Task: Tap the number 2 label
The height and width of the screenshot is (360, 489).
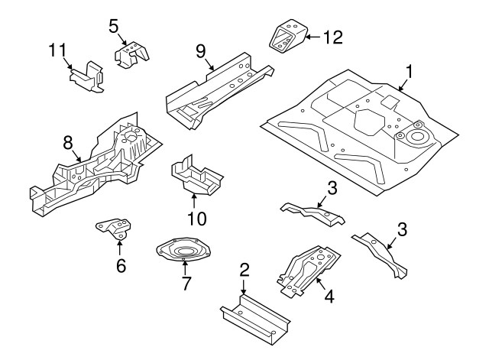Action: click(244, 269)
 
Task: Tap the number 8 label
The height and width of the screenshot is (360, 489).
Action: click(67, 142)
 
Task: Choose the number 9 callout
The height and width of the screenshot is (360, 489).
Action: click(201, 51)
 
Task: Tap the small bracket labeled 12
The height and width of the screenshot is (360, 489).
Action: click(286, 38)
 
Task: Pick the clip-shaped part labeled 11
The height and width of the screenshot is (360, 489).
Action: click(86, 76)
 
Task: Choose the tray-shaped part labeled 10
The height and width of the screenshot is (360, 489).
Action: click(194, 176)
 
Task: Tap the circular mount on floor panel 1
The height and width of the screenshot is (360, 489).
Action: click(416, 138)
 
